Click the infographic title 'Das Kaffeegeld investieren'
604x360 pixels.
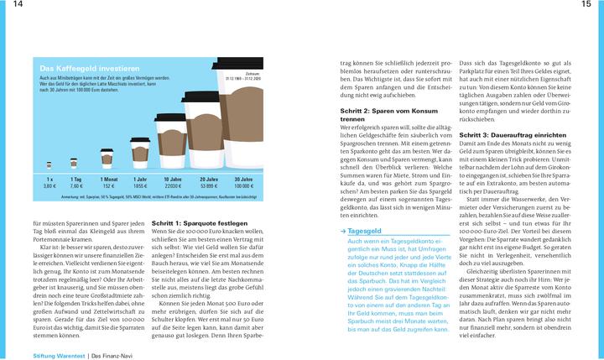coord(85,67)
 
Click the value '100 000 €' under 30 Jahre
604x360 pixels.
coord(243,185)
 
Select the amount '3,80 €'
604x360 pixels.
coord(49,185)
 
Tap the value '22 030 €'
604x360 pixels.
coord(174,185)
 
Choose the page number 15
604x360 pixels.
coord(586,6)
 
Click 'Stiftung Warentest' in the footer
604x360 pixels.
coord(60,356)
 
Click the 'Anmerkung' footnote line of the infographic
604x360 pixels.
coord(151,195)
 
